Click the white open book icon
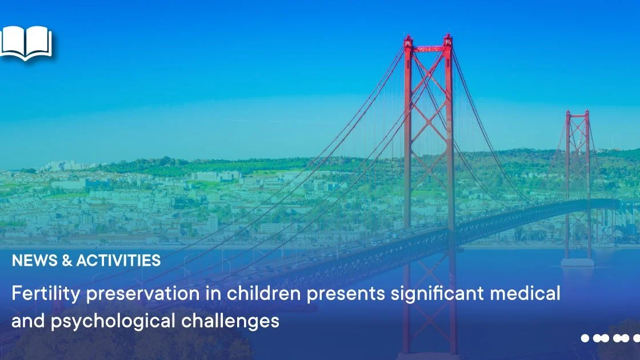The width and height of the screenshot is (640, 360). pyautogui.click(x=26, y=43)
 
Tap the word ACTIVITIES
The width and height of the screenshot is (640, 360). pyautogui.click(x=118, y=261)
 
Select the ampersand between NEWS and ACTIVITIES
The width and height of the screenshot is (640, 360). pyautogui.click(x=67, y=261)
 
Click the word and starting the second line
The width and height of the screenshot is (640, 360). pyautogui.click(x=28, y=321)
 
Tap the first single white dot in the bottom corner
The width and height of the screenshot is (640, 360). pyautogui.click(x=585, y=338)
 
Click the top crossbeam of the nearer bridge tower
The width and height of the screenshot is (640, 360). pyautogui.click(x=428, y=49)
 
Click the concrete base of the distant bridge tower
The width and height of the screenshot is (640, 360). pyautogui.click(x=577, y=262)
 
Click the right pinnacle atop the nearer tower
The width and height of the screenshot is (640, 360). pyautogui.click(x=448, y=39)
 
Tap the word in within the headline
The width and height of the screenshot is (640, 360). pyautogui.click(x=213, y=293)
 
